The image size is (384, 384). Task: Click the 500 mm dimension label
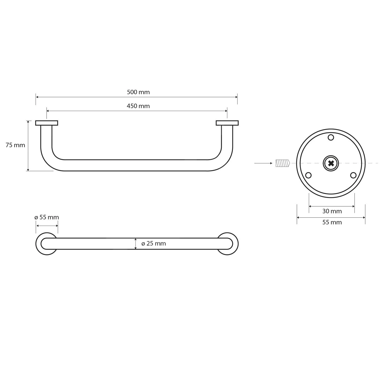[138, 92]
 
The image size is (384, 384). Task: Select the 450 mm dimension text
[138, 106]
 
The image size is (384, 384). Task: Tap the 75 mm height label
[15, 145]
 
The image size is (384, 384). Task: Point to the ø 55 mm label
[47, 217]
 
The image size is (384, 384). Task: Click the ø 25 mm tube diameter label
[154, 243]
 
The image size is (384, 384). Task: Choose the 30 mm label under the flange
[332, 211]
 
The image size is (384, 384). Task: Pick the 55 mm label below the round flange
[332, 222]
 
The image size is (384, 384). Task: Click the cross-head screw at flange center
[331, 163]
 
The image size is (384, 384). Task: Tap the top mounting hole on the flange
[331, 137]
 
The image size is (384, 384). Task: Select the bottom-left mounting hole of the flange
[308, 175]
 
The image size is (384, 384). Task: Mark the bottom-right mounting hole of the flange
[353, 175]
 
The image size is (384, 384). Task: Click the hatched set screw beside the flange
[282, 163]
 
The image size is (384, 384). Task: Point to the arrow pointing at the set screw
[264, 163]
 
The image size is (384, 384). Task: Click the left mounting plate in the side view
[47, 123]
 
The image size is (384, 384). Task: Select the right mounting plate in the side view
[227, 123]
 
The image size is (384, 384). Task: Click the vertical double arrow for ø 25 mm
[135, 243]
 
